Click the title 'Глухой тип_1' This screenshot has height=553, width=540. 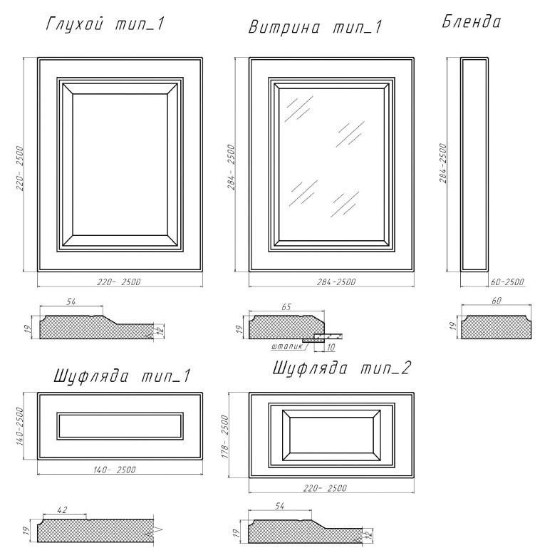(105, 25)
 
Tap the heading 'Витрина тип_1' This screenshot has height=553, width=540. (315, 27)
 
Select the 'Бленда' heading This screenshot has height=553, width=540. (471, 21)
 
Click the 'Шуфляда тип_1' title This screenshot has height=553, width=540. (122, 376)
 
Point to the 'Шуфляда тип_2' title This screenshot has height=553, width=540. (342, 368)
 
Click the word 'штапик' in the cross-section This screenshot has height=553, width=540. (287, 346)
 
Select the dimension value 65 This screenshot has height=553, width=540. (286, 307)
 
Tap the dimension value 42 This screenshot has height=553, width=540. (62, 510)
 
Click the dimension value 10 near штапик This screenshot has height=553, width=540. (331, 347)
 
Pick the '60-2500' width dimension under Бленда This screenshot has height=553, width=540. (507, 282)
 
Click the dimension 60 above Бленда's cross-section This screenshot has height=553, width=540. (496, 301)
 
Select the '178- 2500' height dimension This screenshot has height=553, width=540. (225, 436)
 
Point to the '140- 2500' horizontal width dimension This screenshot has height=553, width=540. (115, 470)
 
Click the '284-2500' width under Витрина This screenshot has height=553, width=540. (336, 282)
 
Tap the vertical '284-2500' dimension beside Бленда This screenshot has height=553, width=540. (443, 163)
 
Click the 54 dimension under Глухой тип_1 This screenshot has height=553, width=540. (71, 302)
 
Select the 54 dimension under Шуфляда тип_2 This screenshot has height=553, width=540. (279, 506)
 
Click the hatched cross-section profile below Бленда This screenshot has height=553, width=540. (497, 327)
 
